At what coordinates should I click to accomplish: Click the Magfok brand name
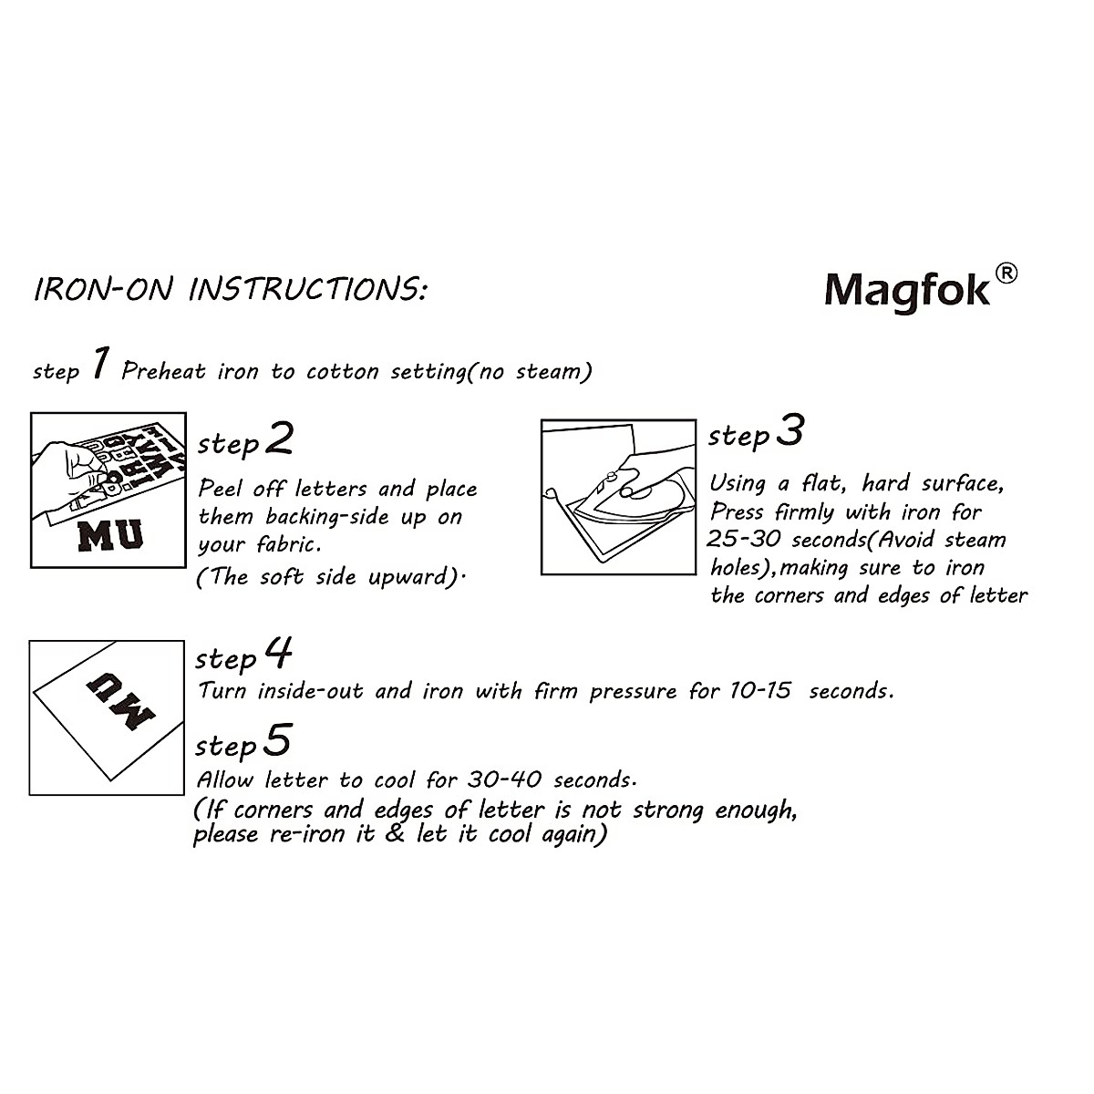(x=906, y=290)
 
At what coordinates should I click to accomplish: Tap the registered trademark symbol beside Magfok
(x=1005, y=273)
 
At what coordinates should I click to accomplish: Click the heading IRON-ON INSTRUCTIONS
(x=230, y=290)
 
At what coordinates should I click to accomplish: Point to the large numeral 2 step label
(x=280, y=439)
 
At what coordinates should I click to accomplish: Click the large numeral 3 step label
(x=790, y=431)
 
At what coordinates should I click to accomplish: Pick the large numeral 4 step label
(x=279, y=653)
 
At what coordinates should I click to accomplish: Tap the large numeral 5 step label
(x=278, y=740)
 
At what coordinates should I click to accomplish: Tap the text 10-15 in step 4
(x=760, y=691)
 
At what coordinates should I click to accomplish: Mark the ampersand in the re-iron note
(x=395, y=834)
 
